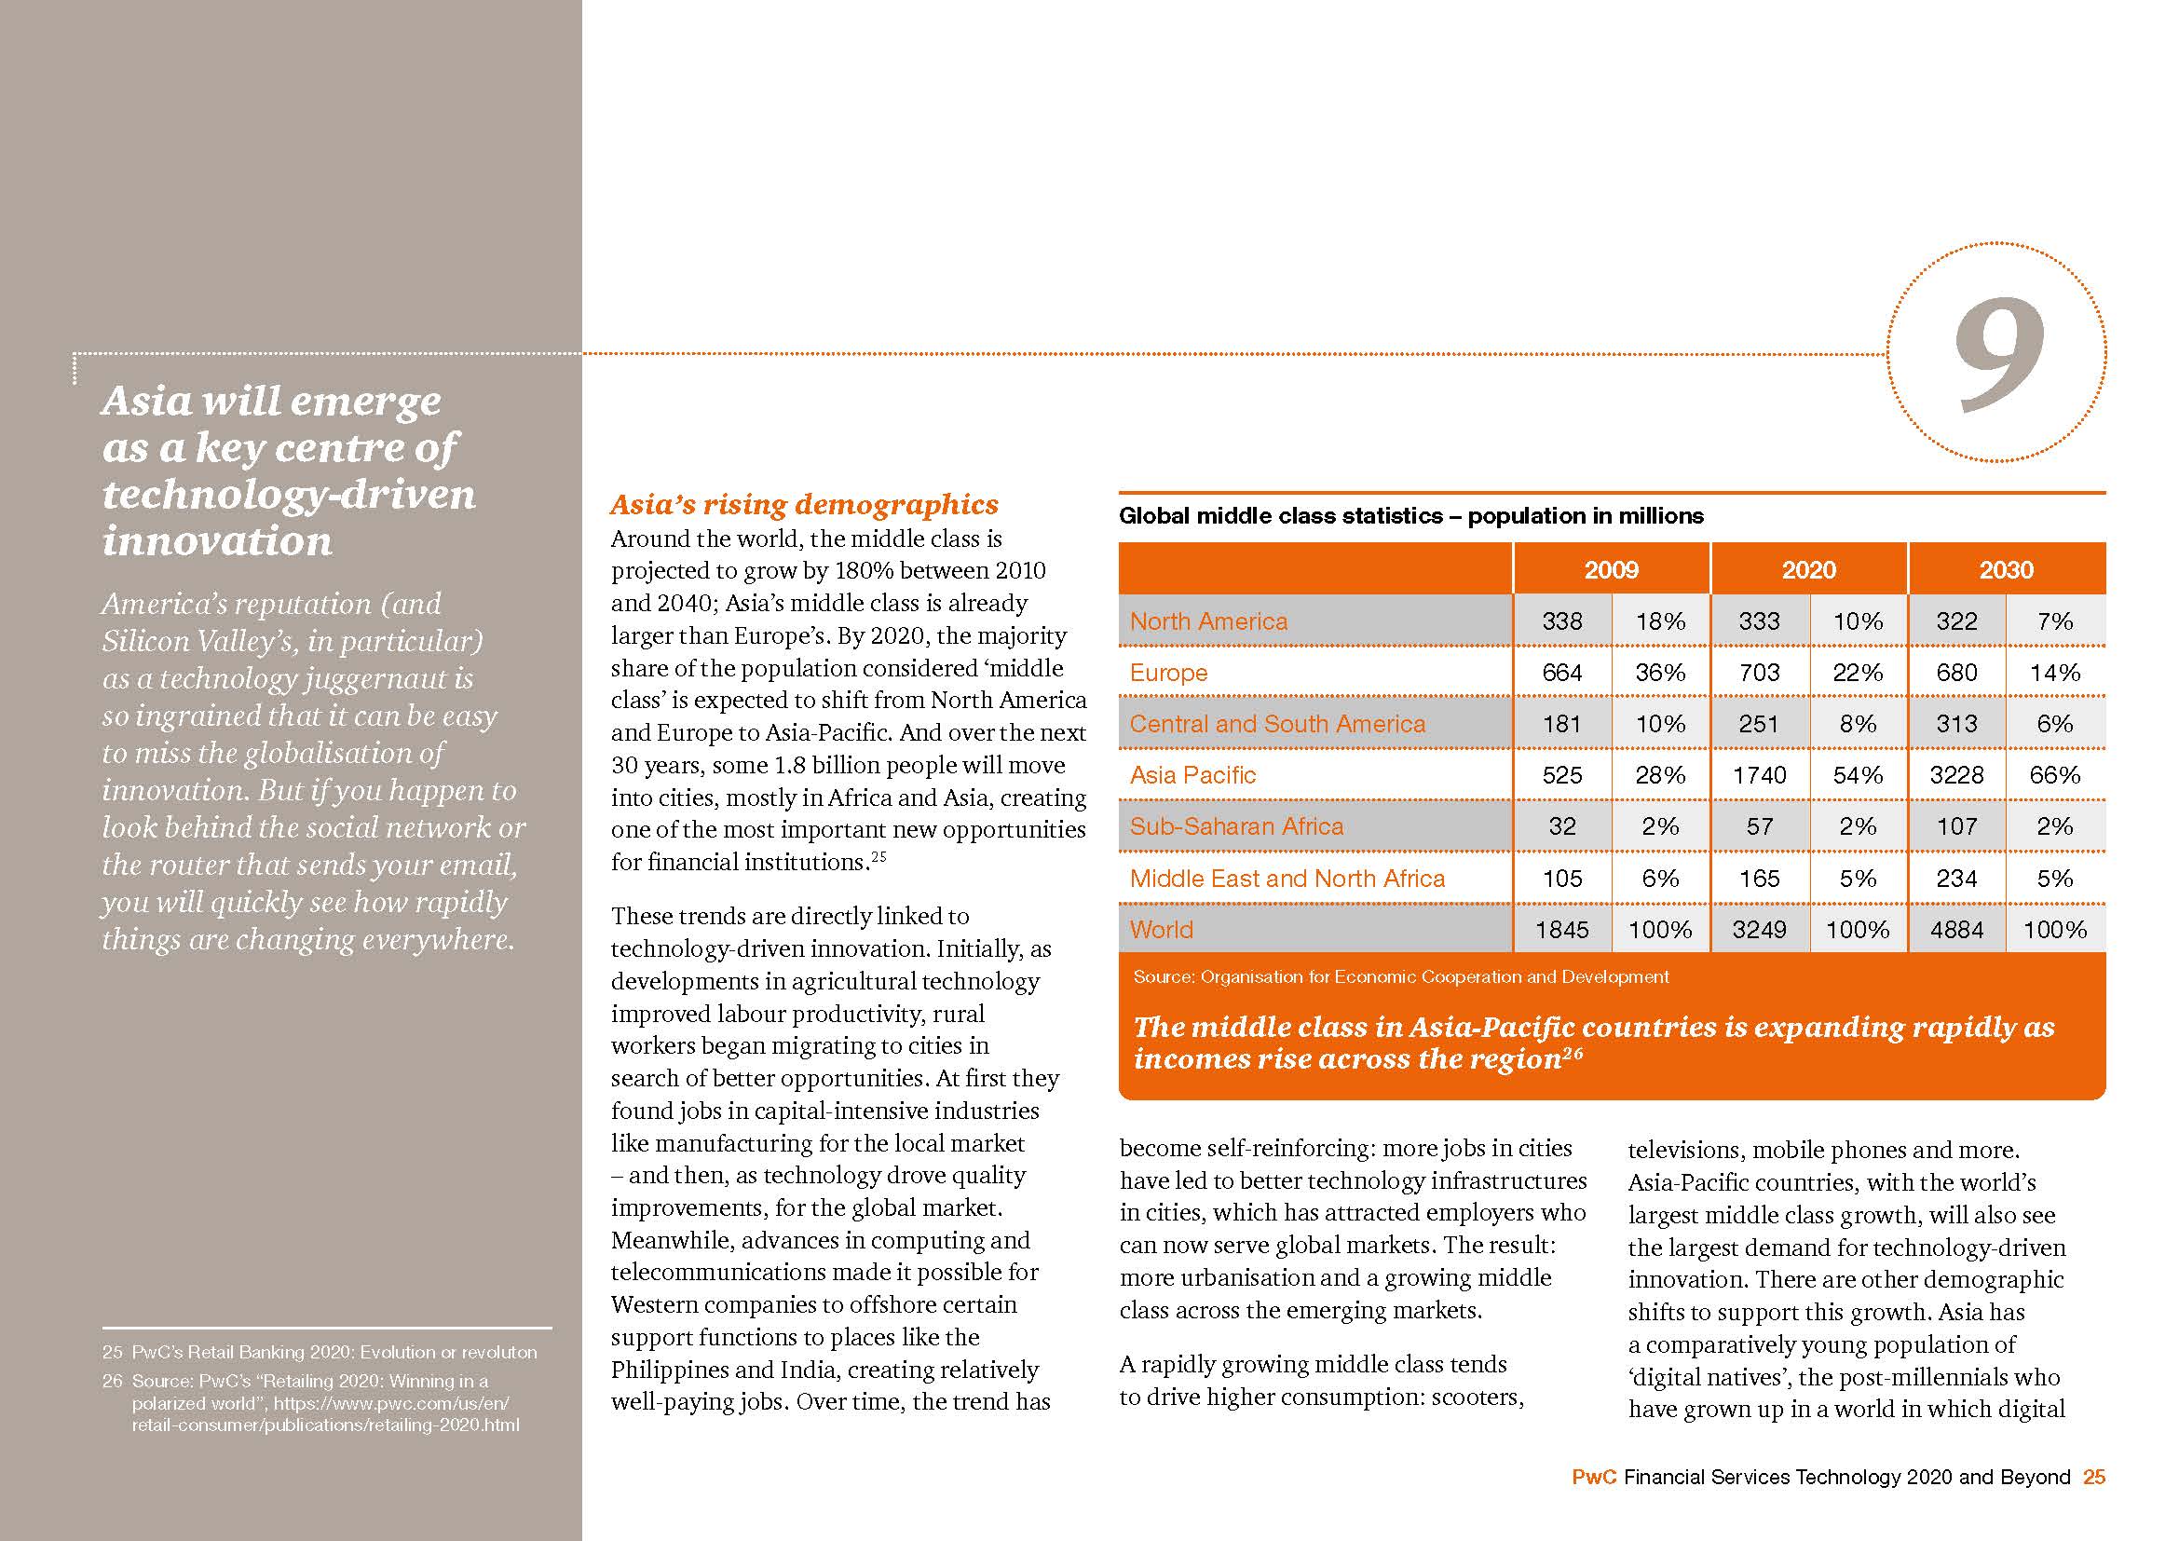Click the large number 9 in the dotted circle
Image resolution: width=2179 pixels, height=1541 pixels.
click(x=1997, y=355)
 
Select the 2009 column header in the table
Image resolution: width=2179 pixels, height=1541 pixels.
click(x=1611, y=569)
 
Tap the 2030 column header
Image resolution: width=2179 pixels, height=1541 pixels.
click(x=2006, y=569)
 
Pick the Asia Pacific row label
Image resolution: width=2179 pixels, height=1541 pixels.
click(x=1192, y=775)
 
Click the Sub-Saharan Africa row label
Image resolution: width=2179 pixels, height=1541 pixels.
click(x=1235, y=826)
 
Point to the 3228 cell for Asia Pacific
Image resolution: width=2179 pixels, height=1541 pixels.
click(x=1956, y=775)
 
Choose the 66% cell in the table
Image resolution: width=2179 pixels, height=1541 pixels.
click(x=2055, y=775)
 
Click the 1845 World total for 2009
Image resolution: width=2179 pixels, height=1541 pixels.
click(x=1561, y=930)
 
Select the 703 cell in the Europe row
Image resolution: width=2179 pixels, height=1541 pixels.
click(x=1759, y=673)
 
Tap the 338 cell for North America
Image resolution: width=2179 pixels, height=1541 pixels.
click(x=1561, y=621)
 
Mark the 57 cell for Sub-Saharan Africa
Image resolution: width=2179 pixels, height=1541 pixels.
click(x=1759, y=826)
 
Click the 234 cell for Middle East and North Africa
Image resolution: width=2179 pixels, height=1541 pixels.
click(x=1956, y=879)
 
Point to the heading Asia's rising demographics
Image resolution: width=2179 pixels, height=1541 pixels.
click(x=804, y=504)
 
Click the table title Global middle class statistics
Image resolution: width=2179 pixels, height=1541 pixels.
click(x=1410, y=516)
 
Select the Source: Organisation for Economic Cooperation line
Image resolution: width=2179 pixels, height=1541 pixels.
click(x=1400, y=976)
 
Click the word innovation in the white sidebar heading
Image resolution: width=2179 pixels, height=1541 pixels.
click(x=217, y=541)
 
